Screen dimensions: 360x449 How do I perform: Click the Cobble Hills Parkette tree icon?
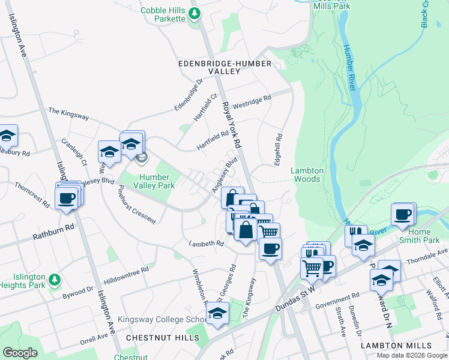click(x=194, y=13)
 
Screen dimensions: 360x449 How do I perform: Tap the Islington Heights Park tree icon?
click(x=54, y=280)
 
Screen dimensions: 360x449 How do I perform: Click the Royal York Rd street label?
click(x=232, y=125)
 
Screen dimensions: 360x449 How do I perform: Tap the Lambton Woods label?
click(x=307, y=175)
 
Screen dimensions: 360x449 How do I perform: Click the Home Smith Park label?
click(x=423, y=236)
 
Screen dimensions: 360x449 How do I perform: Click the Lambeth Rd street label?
click(x=206, y=244)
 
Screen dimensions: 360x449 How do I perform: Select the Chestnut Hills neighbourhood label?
click(x=163, y=338)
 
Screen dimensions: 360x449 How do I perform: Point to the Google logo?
click(x=20, y=353)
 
